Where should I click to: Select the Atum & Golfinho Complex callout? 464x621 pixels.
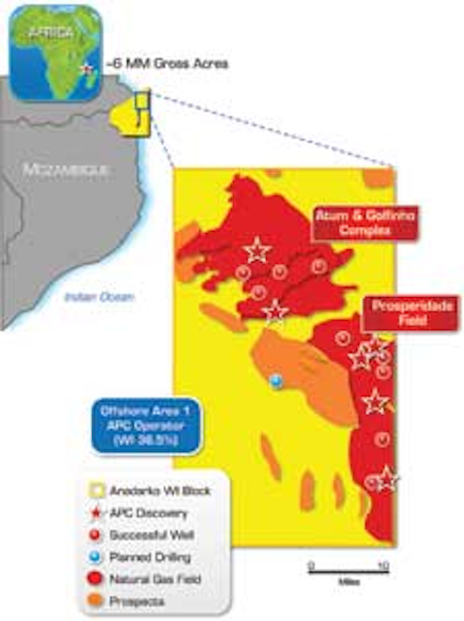pos(350,224)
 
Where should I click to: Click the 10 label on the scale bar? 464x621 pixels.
pos(382,565)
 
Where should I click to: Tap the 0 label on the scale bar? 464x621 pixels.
pos(311,565)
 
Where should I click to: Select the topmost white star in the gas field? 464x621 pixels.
pos(256,250)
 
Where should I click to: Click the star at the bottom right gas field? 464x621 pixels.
pos(385,477)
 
